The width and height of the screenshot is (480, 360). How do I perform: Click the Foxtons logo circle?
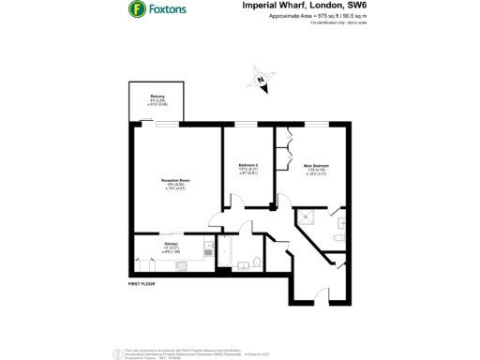point(137,10)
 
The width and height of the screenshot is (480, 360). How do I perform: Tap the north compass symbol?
point(262,82)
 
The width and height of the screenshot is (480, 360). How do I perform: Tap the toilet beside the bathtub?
point(246,263)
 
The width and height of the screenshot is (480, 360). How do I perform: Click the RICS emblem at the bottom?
point(117,351)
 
